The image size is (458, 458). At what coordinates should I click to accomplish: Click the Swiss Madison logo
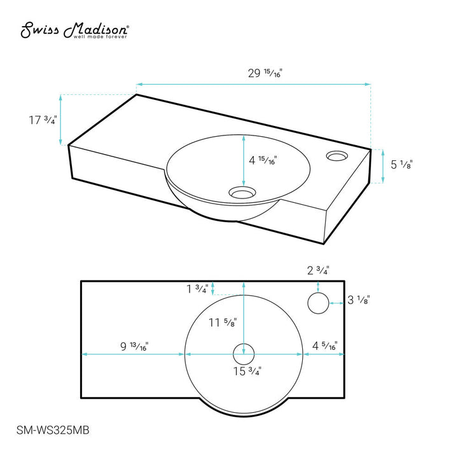[x=74, y=30]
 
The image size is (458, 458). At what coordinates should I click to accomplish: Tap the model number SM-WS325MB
[x=53, y=430]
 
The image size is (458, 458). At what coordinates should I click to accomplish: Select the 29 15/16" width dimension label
[x=265, y=73]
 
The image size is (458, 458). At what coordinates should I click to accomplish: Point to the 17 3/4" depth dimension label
[x=43, y=120]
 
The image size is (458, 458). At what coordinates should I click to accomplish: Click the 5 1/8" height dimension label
[x=401, y=165]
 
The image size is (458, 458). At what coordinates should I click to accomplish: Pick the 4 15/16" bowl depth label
[x=263, y=160]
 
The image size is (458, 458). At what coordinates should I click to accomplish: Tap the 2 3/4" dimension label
[x=318, y=270]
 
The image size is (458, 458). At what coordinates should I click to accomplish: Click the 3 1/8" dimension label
[x=359, y=300]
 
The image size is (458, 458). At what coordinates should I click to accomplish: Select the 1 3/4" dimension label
[x=197, y=289]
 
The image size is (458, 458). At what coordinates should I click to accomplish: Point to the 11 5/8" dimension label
[x=223, y=323]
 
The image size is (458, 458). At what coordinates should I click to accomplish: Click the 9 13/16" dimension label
[x=134, y=347]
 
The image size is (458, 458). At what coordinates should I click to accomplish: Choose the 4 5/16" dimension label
[x=325, y=346]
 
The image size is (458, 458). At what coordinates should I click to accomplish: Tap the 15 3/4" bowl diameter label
[x=247, y=371]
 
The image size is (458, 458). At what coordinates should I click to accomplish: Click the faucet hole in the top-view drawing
[x=318, y=303]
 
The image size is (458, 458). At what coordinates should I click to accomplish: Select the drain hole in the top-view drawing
[x=244, y=354]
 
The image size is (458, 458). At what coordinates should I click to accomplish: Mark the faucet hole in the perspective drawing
[x=337, y=156]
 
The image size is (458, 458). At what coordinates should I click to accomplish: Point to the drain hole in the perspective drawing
[x=242, y=193]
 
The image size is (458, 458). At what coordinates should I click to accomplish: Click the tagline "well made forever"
[x=101, y=37]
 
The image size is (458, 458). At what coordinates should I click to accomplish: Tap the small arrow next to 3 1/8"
[x=337, y=303]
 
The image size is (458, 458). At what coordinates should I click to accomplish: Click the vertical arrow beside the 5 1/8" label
[x=383, y=166]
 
